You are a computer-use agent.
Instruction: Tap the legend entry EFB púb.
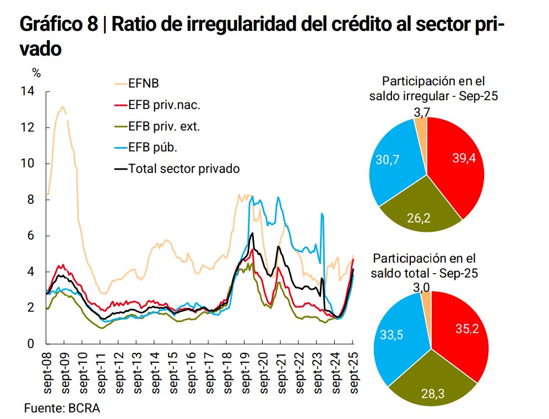(x=152, y=148)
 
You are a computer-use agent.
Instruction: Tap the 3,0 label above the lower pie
(x=423, y=286)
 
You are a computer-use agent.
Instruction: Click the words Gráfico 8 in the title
(x=57, y=24)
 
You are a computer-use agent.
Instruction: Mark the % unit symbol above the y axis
(x=36, y=72)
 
